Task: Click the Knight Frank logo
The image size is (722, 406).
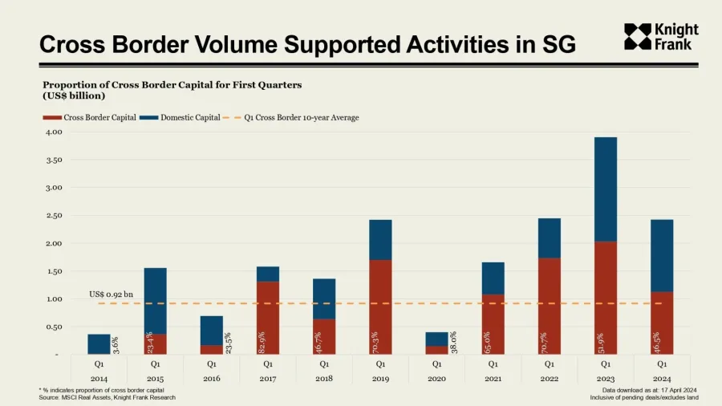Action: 660,37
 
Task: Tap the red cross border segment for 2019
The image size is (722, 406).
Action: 380,307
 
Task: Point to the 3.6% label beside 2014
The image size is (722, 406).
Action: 116,345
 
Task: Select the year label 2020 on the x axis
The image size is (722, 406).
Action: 436,377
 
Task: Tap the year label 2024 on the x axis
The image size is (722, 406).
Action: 661,377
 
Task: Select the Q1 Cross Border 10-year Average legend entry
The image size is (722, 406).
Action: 297,118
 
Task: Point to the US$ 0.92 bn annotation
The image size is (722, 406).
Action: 111,295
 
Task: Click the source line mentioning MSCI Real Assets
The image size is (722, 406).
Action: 107,397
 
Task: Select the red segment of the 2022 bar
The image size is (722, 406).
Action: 549,306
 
